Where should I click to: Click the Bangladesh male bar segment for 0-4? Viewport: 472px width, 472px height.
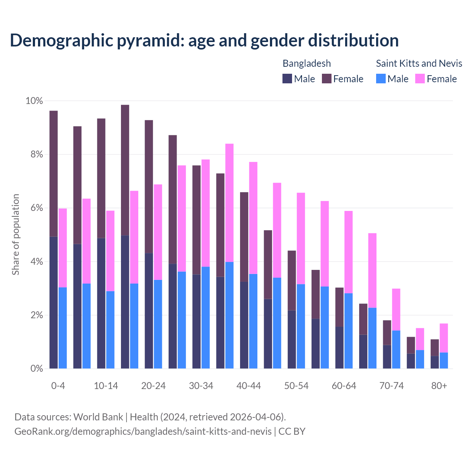[x=53, y=302]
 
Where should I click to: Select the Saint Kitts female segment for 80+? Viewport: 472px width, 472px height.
[x=444, y=338]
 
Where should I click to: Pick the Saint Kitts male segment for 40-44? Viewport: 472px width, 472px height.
[x=253, y=321]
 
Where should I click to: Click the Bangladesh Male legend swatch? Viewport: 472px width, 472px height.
[x=287, y=79]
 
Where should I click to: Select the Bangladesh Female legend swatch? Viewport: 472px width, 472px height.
[x=327, y=79]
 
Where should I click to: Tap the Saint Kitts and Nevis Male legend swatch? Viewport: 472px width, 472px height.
[x=381, y=79]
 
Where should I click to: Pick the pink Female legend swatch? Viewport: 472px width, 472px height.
[x=420, y=79]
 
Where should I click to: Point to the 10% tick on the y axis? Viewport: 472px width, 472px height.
[x=34, y=101]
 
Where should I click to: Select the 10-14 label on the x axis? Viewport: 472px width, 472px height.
[x=106, y=386]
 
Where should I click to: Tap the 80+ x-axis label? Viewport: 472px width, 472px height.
[x=439, y=386]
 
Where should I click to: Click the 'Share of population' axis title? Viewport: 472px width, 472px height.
[x=15, y=235]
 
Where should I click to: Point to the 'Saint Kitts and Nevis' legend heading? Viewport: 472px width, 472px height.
[x=419, y=63]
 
